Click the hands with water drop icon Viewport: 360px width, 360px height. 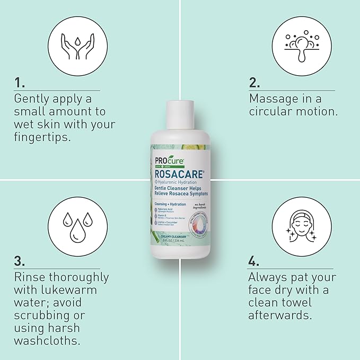click(74, 42)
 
